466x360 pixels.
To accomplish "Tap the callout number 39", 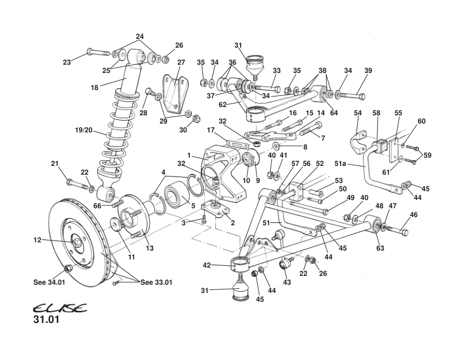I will pos(369,71).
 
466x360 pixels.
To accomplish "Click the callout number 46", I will pos(414,215).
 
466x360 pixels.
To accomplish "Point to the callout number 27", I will pos(181,62).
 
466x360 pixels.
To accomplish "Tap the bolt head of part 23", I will pos(89,51).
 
